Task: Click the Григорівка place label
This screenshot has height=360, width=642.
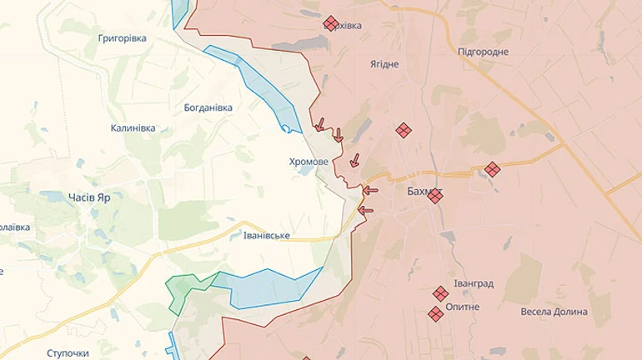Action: (x=122, y=38)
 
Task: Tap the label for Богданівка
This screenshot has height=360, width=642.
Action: (x=208, y=107)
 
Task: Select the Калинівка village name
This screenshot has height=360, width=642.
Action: (x=133, y=128)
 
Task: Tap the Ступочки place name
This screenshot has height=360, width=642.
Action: (x=68, y=352)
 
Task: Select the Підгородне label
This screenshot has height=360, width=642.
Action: (x=483, y=52)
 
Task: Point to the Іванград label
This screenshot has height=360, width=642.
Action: (x=474, y=283)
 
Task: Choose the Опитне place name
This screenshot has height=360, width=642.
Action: (x=463, y=307)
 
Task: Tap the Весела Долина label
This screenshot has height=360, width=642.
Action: (x=554, y=312)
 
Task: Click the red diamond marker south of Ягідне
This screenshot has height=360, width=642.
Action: (x=404, y=130)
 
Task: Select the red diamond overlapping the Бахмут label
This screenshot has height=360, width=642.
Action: (x=434, y=195)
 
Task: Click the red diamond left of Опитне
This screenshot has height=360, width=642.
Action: (x=435, y=314)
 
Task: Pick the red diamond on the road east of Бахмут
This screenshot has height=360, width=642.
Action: (x=493, y=169)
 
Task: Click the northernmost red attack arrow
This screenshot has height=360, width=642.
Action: (x=319, y=125)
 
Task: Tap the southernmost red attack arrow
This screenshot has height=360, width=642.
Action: (x=366, y=210)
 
